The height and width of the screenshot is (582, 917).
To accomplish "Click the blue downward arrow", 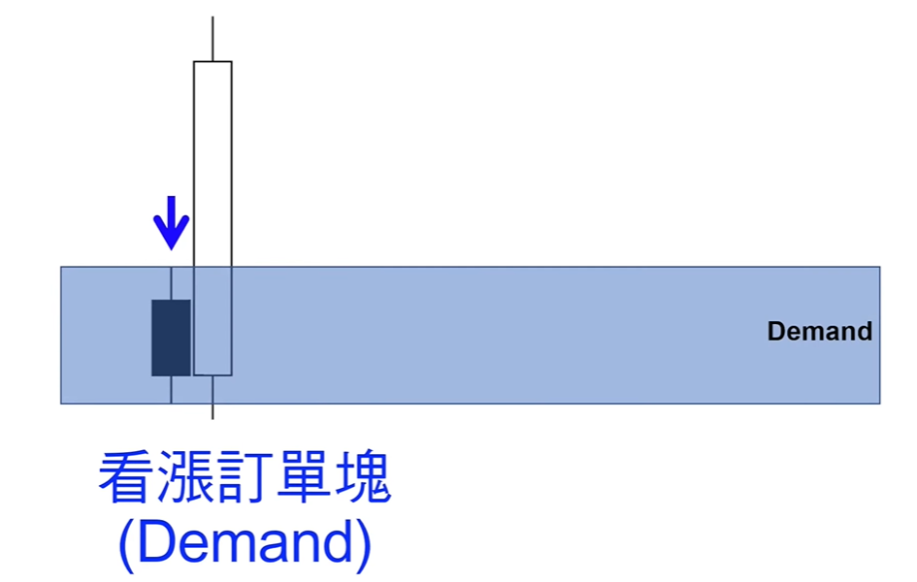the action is (x=172, y=223).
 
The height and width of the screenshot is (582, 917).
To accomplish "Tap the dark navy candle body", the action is (x=171, y=338).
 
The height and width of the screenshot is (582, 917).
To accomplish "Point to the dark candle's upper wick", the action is (x=171, y=283).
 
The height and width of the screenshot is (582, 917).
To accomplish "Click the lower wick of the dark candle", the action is (x=171, y=390).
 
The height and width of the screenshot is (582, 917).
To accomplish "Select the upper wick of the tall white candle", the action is (x=213, y=39).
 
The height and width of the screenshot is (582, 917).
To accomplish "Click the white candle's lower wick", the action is (x=213, y=398).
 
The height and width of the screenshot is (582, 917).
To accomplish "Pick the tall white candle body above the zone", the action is (x=213, y=218).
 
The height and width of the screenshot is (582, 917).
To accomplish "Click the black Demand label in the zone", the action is (x=819, y=332).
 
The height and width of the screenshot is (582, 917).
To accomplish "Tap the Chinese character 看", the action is (x=126, y=477).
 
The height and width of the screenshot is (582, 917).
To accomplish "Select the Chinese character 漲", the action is (x=184, y=477).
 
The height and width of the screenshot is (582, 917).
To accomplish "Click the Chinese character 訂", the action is (x=245, y=477).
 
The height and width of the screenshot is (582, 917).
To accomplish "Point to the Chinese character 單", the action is (x=303, y=477).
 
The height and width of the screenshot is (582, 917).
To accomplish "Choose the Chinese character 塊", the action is (x=362, y=477).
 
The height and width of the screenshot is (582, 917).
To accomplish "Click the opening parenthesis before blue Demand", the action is (x=127, y=545).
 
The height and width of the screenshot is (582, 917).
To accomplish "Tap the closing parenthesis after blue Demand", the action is (x=363, y=545).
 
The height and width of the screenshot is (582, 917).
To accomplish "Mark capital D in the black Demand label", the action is (x=776, y=332).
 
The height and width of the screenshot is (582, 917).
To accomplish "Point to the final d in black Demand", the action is (x=865, y=332).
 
